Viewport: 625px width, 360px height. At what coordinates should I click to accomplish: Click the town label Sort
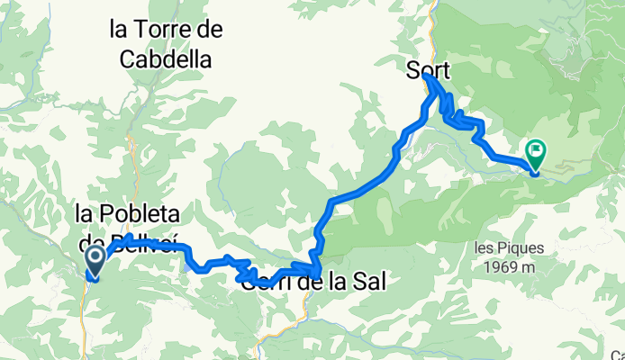[x=428, y=69]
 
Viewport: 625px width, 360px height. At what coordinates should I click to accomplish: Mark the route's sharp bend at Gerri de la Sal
[x=318, y=270]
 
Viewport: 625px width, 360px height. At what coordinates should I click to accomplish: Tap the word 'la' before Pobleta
[x=85, y=214]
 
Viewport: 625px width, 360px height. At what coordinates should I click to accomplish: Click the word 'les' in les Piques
[x=485, y=246]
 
